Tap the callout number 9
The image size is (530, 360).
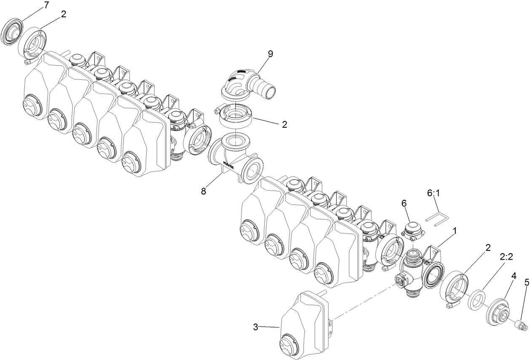coord(270,54)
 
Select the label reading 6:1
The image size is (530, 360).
coord(434,193)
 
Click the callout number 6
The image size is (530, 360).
coord(404,203)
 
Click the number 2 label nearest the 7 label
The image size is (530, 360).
coord(63,14)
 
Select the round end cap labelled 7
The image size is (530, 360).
coord(11,32)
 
